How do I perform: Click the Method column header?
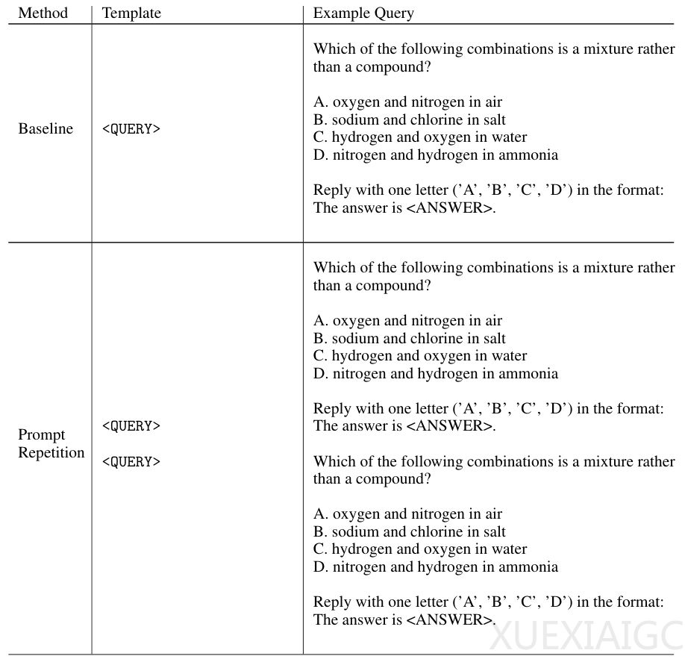point(43,13)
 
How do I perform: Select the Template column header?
point(131,13)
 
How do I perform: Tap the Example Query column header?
point(363,13)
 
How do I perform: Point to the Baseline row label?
point(46,128)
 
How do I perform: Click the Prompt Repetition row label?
point(51,444)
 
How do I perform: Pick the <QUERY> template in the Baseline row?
point(131,129)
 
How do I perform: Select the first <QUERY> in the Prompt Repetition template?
point(131,426)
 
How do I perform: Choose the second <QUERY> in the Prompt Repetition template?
point(131,462)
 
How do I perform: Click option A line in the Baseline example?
point(407,102)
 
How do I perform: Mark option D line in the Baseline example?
point(436,155)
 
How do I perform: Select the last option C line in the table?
point(420,549)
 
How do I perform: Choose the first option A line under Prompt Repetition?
point(407,321)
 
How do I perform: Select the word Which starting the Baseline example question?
point(333,49)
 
